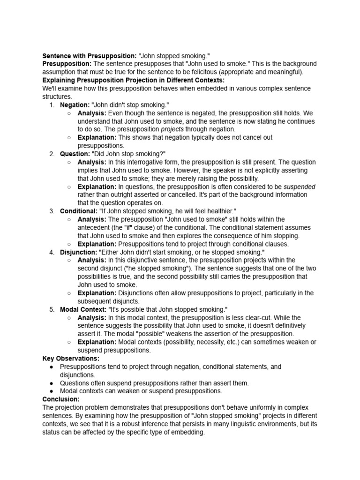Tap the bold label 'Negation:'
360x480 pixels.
pyautogui.click(x=75, y=105)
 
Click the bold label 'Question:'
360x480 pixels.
pyautogui.click(x=75, y=154)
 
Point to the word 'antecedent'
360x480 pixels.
pyautogui.click(x=94, y=227)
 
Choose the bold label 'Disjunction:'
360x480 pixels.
pyautogui.click(x=79, y=252)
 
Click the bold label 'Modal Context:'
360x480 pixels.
pyautogui.click(x=83, y=309)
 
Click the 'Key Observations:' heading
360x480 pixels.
pyautogui.click(x=71, y=358)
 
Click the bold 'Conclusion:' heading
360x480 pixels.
pyautogui.click(x=61, y=399)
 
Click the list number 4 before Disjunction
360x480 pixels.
pyautogui.click(x=52, y=252)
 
